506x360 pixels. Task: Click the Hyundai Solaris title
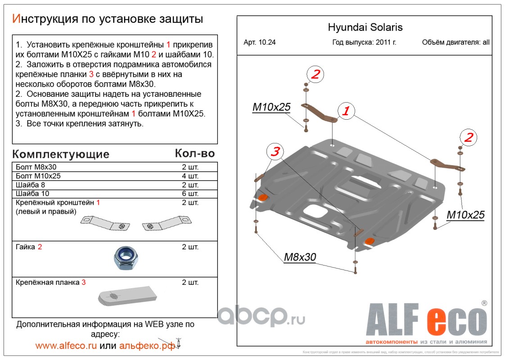(x=365, y=27)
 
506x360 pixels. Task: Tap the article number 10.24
(x=259, y=43)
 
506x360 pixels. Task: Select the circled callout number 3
(x=275, y=152)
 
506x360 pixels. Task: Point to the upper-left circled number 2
(x=315, y=74)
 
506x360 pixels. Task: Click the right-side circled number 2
(x=468, y=138)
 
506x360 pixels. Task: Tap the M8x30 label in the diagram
(x=300, y=257)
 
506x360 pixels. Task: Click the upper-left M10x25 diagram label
(x=271, y=107)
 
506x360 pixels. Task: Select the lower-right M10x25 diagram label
(x=465, y=215)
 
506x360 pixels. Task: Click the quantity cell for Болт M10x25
(x=190, y=176)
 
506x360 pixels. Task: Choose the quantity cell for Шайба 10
(x=190, y=194)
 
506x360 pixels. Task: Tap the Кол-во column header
(x=194, y=153)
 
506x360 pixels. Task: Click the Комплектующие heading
(x=60, y=154)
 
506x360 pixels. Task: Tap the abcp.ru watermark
(x=261, y=318)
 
